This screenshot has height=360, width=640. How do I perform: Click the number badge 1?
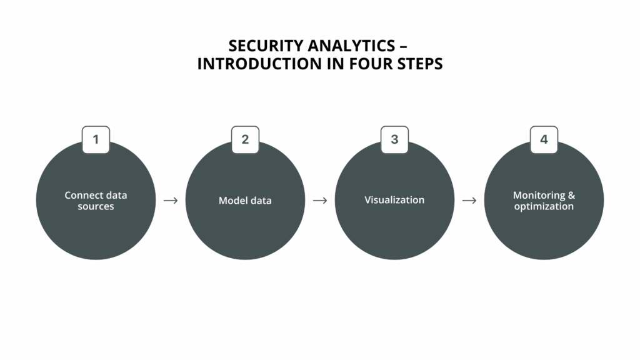pos(96,140)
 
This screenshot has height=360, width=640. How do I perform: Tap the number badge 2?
pos(245,140)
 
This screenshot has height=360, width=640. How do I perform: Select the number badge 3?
pos(394,140)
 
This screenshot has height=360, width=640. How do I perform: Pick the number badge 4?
pos(544,140)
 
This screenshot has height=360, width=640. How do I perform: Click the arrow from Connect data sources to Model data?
pos(171,201)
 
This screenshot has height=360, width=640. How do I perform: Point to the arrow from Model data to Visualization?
pos(320,201)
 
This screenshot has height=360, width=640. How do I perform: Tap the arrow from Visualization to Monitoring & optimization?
pos(469,201)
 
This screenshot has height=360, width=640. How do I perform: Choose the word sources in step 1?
pos(96,206)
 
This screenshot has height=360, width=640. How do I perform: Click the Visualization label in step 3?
pos(394,200)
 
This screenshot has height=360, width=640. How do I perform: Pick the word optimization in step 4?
pos(544,206)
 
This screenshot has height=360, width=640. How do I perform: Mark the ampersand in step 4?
pos(571,195)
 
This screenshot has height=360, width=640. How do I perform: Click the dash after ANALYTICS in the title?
pos(404,47)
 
